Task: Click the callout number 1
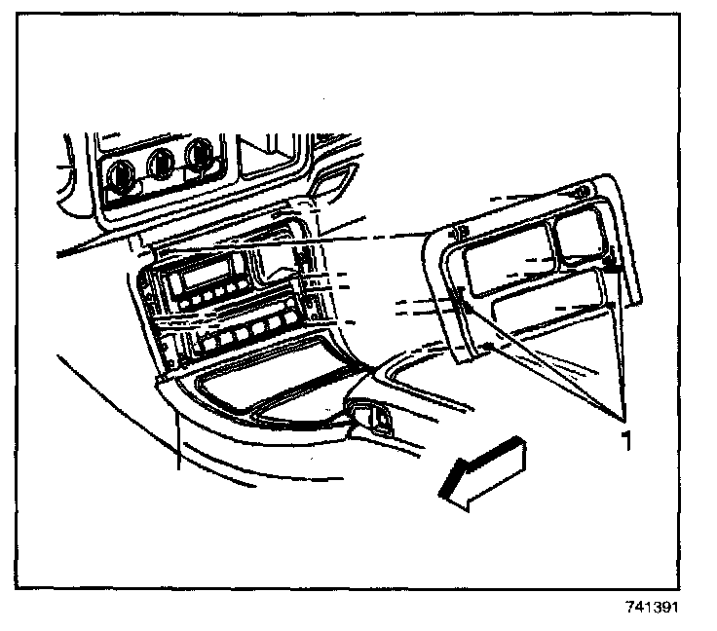pyautogui.click(x=627, y=439)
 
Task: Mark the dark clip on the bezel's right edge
pyautogui.click(x=613, y=261)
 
